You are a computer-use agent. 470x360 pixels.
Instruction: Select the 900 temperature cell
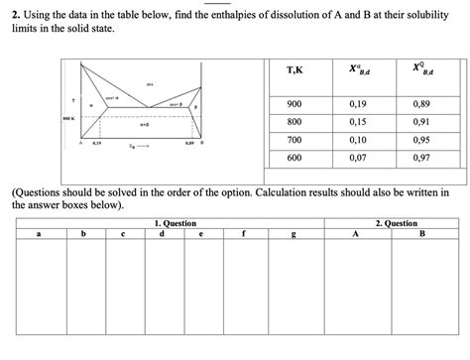point(294,103)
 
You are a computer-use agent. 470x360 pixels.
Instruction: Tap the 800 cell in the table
point(294,122)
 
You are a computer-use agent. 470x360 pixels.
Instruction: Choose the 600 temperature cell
point(294,158)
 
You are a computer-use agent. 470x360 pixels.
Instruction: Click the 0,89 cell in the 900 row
point(421,103)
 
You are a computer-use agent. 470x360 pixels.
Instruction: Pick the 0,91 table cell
point(421,122)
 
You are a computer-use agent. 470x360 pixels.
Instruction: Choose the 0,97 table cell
point(421,158)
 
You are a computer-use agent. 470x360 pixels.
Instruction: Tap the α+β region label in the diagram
point(144,125)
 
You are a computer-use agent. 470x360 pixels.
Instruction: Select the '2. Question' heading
point(397,223)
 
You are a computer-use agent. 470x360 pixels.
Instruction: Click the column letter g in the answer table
point(294,234)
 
